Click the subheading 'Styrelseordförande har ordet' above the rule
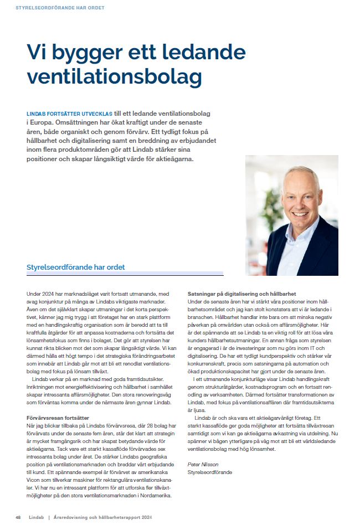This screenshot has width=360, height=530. (76, 267)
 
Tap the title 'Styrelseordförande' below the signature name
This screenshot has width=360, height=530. (210, 472)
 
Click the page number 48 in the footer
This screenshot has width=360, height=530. (18, 517)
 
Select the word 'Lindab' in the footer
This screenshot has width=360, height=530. (37, 517)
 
